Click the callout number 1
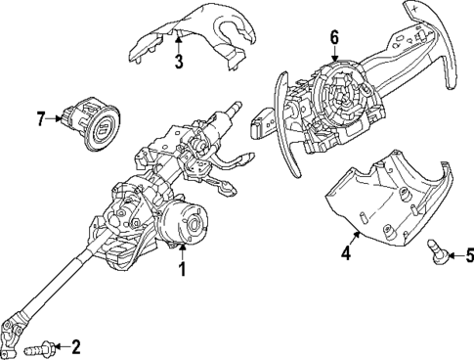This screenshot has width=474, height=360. pos(182,267)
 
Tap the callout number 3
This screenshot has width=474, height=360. pos(179,64)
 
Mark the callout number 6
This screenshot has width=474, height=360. pos(334,38)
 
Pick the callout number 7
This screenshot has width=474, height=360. pos(41,120)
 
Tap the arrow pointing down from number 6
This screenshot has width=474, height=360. pos(334,55)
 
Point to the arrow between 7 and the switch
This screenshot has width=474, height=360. pos(56,120)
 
